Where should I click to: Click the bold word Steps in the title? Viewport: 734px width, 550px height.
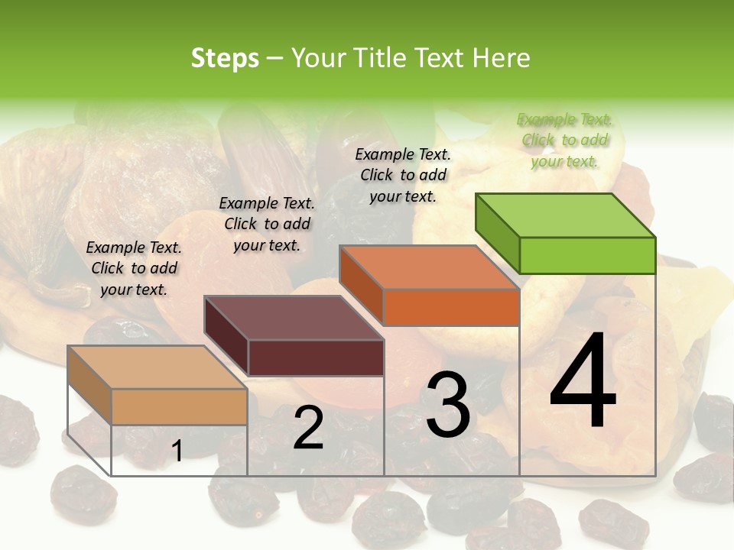tap(225, 58)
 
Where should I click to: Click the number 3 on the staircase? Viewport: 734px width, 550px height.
tap(448, 405)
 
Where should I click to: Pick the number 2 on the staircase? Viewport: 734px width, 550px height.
tap(308, 429)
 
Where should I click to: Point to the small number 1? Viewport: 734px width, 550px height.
tap(177, 451)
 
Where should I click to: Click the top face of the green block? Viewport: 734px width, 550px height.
tap(566, 215)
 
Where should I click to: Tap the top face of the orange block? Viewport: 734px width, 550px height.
tap(430, 267)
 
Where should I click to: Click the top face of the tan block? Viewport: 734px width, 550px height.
tap(158, 367)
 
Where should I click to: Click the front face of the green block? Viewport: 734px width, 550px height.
tap(587, 255)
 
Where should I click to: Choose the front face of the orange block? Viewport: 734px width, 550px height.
tap(451, 307)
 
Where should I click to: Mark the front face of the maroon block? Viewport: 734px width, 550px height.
tap(316, 357)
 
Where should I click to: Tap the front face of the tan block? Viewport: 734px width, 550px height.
tap(179, 406)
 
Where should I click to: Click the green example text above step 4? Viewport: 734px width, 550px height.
tap(564, 140)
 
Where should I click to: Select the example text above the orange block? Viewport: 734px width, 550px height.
tap(403, 175)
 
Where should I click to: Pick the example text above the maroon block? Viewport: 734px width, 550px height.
tap(267, 224)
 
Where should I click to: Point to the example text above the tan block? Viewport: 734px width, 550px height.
tap(134, 268)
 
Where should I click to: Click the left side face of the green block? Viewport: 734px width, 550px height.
tap(498, 233)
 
